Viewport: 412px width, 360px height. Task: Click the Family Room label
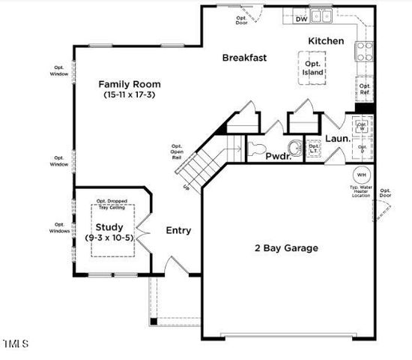[126, 84]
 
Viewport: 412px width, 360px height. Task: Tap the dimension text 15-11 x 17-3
[126, 96]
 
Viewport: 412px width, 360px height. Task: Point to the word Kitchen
[327, 40]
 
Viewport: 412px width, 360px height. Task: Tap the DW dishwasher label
[301, 19]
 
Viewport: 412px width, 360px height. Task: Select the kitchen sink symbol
[323, 14]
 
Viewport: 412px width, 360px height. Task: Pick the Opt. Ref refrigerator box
[364, 90]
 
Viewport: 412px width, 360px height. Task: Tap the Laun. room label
[337, 139]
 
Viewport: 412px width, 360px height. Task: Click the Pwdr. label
[279, 155]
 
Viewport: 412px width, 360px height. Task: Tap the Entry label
[178, 230]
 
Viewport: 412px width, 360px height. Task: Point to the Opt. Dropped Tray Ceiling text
[113, 205]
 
